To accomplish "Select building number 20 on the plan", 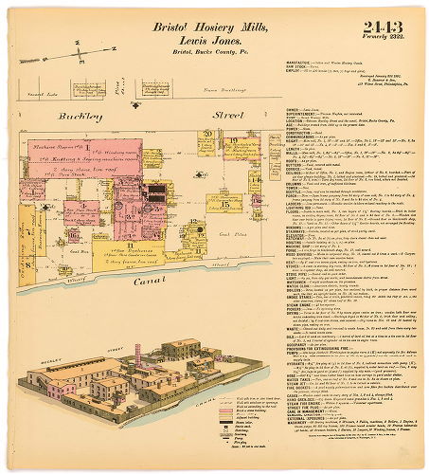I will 206,136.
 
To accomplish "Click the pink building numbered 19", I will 233,143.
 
